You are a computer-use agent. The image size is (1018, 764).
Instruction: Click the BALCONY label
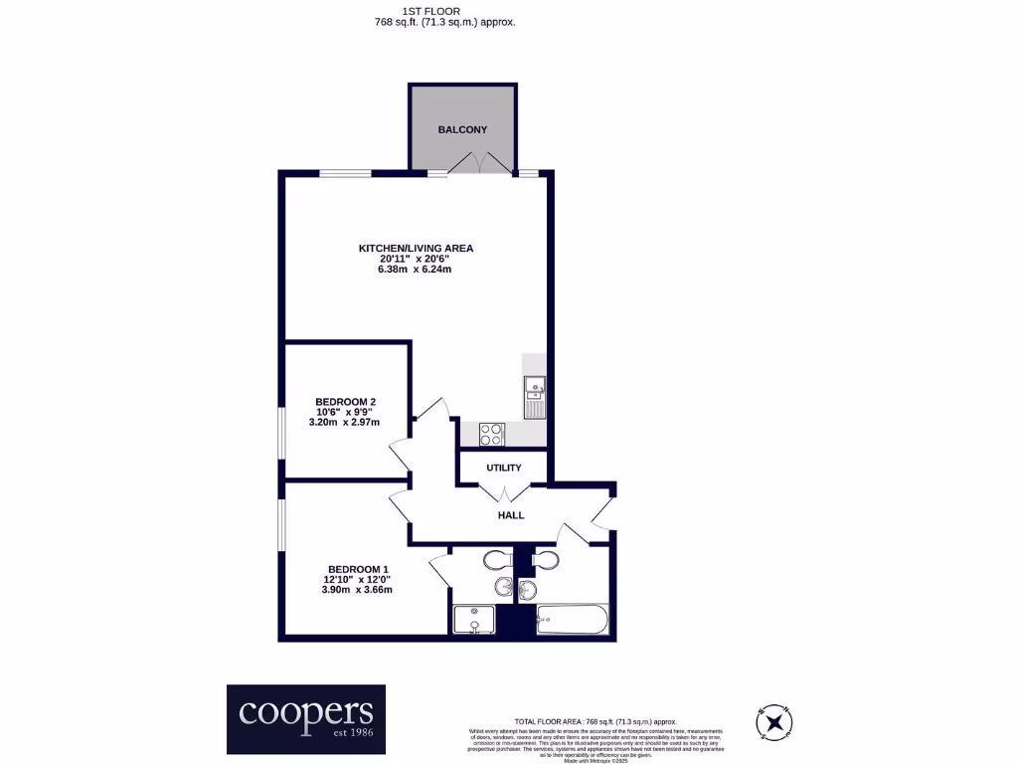[x=462, y=129]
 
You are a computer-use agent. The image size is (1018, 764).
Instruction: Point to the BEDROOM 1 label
[x=356, y=569]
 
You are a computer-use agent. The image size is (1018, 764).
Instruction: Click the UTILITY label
[x=504, y=468]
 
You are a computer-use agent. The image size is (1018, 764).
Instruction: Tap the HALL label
[x=511, y=515]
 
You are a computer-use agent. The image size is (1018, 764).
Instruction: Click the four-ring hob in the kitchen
[x=492, y=435]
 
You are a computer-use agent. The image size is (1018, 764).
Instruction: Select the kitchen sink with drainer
[x=534, y=396]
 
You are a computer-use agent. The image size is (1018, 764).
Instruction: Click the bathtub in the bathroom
[x=571, y=622]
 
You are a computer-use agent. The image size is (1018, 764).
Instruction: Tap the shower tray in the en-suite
[x=474, y=621]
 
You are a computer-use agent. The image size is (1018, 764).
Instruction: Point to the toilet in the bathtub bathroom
[x=546, y=561]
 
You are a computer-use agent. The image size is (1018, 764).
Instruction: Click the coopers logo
[x=305, y=717]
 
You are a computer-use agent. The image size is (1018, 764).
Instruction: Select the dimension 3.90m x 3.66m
[x=356, y=590]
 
